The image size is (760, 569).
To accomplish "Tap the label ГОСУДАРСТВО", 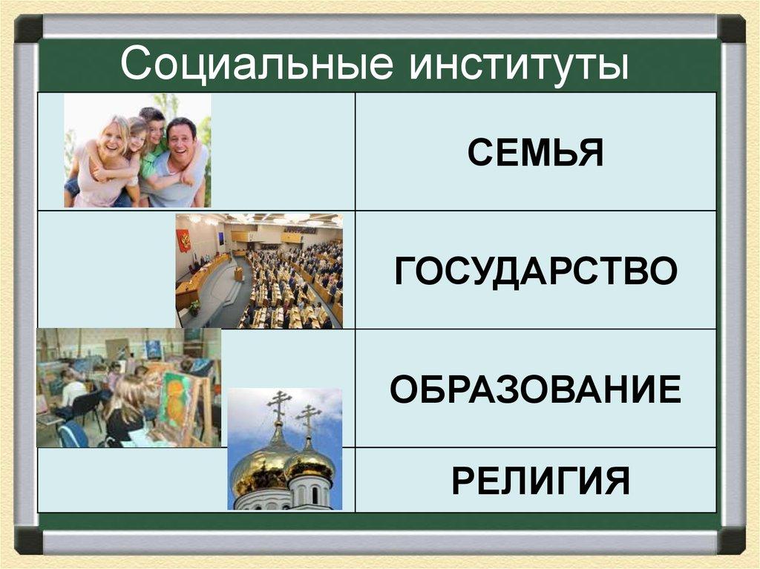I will coord(535,271).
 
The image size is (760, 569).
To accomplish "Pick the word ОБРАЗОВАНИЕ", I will coord(535,389).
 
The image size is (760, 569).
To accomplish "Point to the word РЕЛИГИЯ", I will coord(535,481).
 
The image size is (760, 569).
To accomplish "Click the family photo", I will coord(137,151).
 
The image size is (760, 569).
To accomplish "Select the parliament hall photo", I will coord(259,271).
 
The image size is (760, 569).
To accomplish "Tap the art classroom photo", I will coord(128,388).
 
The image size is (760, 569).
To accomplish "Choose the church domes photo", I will coord(285,449).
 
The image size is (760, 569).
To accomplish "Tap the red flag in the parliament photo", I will coord(183,240).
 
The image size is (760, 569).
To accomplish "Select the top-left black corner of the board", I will coord(29,29).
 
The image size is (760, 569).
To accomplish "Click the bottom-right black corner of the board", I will coord(730,539).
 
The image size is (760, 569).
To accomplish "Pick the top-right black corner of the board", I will coord(730,29).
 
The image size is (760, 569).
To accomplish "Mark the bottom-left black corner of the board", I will coord(29,539).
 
